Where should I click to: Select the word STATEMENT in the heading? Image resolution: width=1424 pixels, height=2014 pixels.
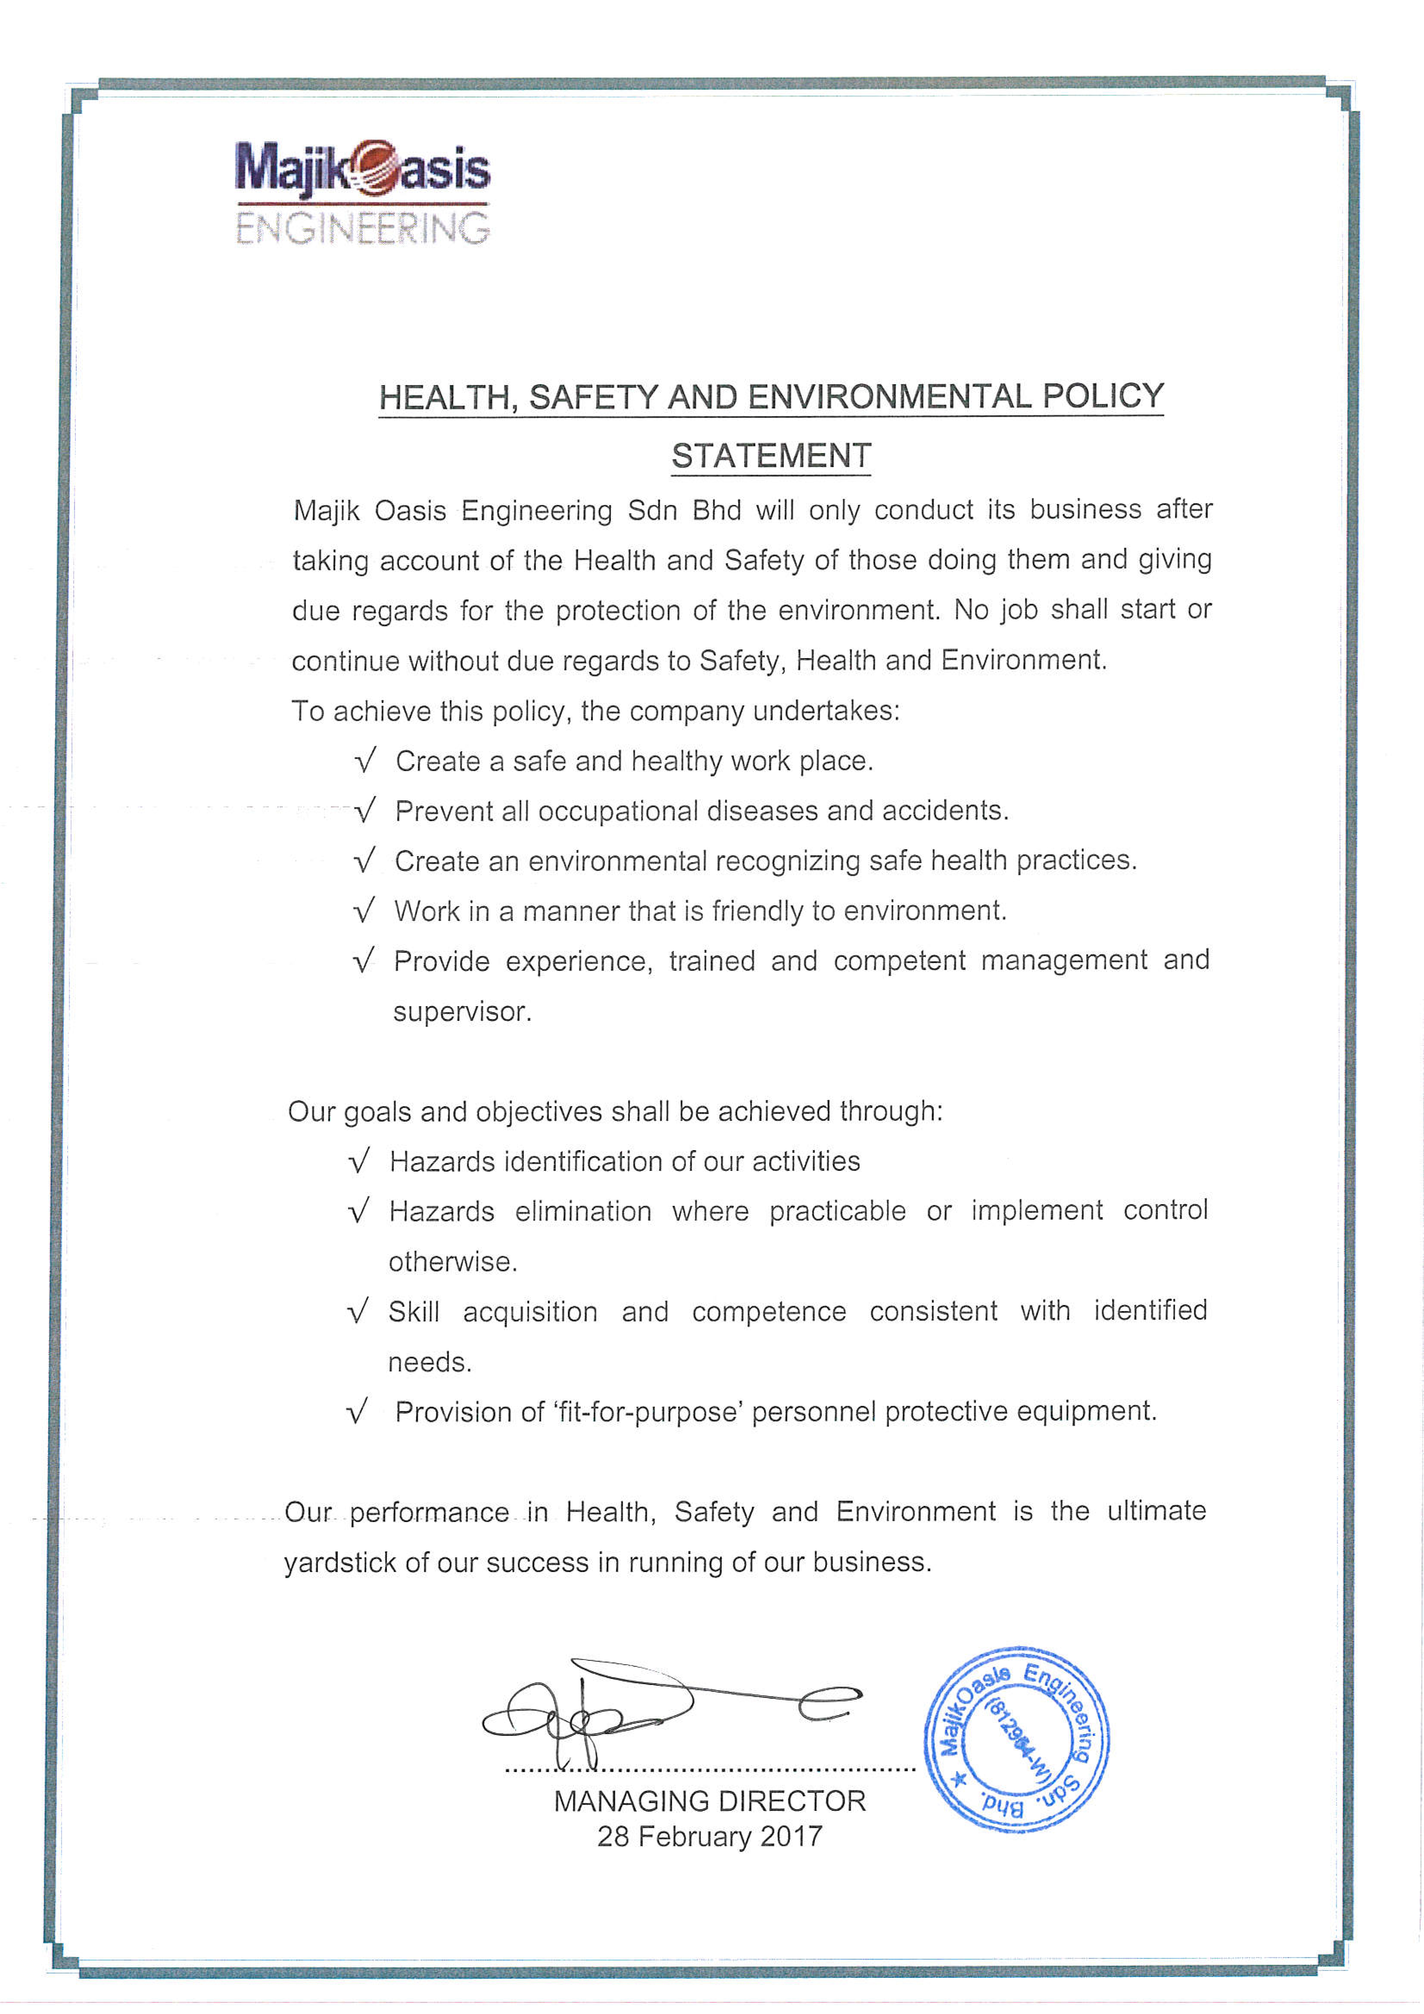pos(771,456)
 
